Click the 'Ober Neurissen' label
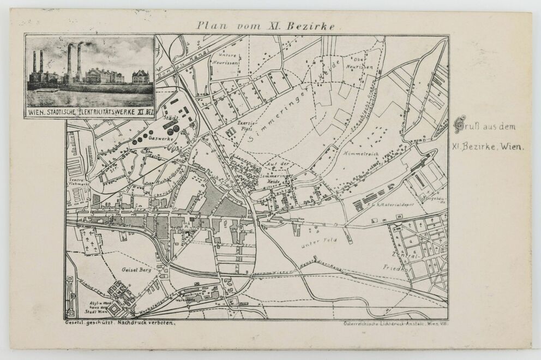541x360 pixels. point(363,63)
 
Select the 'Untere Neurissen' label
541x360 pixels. point(227,59)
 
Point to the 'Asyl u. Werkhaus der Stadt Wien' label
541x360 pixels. point(89,307)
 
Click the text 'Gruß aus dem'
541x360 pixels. point(485,127)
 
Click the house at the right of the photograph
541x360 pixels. point(141,76)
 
